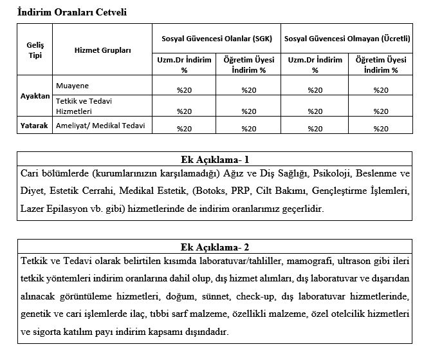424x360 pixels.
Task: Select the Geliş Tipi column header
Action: pos(35,50)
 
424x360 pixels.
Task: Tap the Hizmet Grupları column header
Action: pos(102,50)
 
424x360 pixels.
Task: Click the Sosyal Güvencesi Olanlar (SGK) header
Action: pos(216,39)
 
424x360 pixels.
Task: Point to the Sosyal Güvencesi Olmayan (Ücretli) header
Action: pos(348,39)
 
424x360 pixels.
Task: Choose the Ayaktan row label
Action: pos(35,95)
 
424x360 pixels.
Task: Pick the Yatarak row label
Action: pos(35,126)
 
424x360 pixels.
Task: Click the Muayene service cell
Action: pos(73,84)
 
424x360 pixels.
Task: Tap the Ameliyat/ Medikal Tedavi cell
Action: pos(99,126)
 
